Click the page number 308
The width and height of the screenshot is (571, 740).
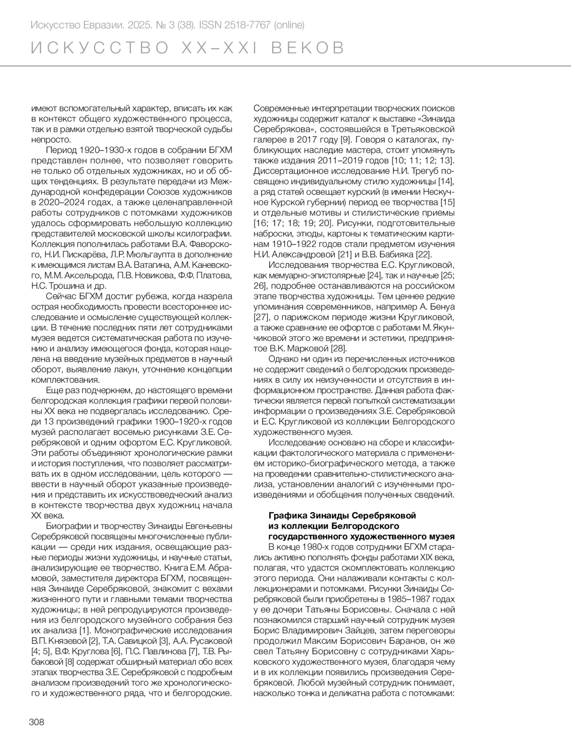pos(37,722)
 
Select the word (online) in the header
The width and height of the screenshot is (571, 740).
pos(288,25)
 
